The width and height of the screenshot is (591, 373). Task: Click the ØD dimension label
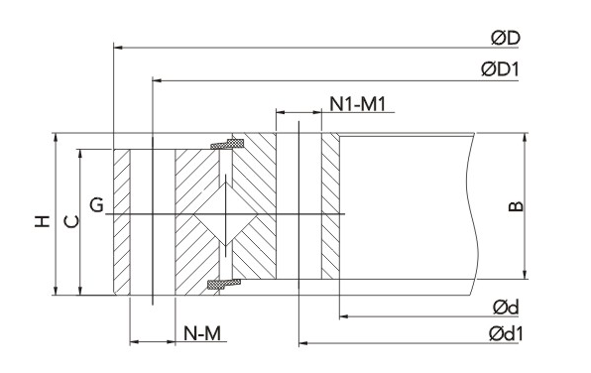pyautogui.click(x=506, y=38)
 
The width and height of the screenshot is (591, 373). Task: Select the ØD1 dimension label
pyautogui.click(x=501, y=69)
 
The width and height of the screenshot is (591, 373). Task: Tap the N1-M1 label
pyautogui.click(x=358, y=104)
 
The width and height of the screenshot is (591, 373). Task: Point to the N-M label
pyautogui.click(x=202, y=333)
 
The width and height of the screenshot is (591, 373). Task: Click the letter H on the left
pyautogui.click(x=43, y=221)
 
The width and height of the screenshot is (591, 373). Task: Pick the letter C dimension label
pyautogui.click(x=71, y=222)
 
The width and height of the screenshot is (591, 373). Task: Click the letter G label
pyautogui.click(x=97, y=205)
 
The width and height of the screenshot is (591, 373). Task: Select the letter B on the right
pyautogui.click(x=516, y=206)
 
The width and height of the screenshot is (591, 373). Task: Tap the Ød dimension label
pyautogui.click(x=506, y=308)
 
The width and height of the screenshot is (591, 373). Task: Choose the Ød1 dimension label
pyautogui.click(x=506, y=334)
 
